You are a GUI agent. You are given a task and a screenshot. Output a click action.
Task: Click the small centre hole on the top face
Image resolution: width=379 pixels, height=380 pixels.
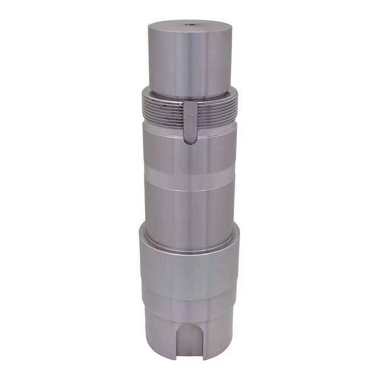click(191, 24)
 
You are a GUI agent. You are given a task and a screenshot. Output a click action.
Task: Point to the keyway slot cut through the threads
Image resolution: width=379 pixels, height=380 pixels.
click(191, 120)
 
